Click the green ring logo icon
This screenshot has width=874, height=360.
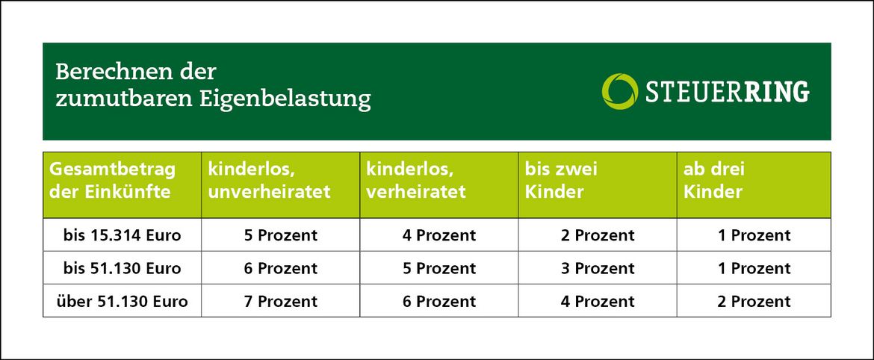[619, 90]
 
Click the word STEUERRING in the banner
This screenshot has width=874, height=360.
[726, 91]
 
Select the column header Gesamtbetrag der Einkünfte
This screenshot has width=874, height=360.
[113, 180]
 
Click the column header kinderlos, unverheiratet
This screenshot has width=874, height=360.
[270, 180]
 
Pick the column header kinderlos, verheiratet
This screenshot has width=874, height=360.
[416, 180]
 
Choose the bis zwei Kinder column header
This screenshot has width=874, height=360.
[561, 180]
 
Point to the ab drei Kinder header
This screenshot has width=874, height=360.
[714, 180]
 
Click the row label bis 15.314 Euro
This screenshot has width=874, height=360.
[123, 235]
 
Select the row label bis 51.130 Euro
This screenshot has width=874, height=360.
[123, 268]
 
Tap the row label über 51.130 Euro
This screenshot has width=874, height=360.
[123, 302]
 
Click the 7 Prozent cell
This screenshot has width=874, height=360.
[281, 302]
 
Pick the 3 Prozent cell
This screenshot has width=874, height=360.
[598, 268]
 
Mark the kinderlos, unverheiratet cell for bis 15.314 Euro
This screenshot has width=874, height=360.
[281, 235]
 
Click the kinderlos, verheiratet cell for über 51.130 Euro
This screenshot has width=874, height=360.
[439, 302]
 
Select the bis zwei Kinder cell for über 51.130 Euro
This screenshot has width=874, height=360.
[598, 302]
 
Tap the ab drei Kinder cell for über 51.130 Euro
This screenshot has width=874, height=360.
[754, 302]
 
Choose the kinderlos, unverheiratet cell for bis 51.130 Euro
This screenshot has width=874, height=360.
[281, 268]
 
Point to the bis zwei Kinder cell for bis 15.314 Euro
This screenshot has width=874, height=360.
[598, 235]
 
